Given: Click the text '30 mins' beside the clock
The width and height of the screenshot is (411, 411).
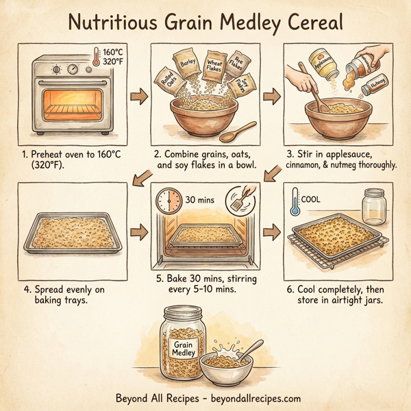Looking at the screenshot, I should point(199,201).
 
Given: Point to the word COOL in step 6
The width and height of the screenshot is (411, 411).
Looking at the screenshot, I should point(312,200).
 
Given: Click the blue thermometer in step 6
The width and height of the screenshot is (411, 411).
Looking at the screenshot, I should point(295,206).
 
